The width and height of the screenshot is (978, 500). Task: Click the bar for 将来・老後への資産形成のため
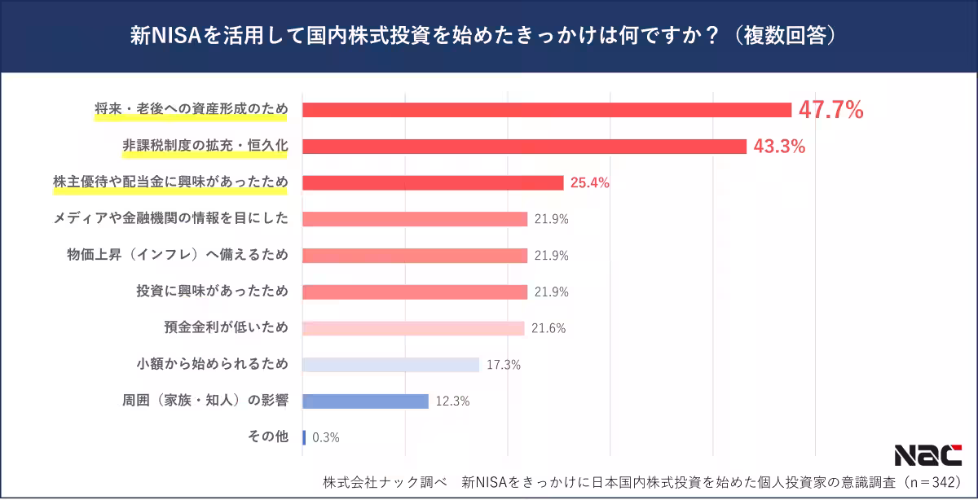[x=547, y=110]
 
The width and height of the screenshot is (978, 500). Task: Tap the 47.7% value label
[x=830, y=110]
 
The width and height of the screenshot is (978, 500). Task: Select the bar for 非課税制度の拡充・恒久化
[x=524, y=147]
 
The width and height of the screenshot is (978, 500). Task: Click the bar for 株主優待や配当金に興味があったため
[x=433, y=182]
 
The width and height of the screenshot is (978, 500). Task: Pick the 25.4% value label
[x=589, y=182]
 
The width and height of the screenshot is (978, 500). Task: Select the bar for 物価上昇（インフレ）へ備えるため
[x=415, y=255]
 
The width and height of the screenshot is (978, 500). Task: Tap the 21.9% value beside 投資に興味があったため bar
[x=551, y=292]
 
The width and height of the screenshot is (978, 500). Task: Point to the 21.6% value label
[x=548, y=328]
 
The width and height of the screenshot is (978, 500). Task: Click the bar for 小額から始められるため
[x=390, y=364]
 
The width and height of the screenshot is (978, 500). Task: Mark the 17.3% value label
[x=503, y=365]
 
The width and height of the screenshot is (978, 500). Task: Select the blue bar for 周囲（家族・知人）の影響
[x=365, y=401]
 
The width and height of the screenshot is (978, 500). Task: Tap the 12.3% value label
[x=452, y=401]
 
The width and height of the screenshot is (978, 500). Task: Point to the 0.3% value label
[x=325, y=437]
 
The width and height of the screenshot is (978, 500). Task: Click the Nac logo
[x=927, y=455]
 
